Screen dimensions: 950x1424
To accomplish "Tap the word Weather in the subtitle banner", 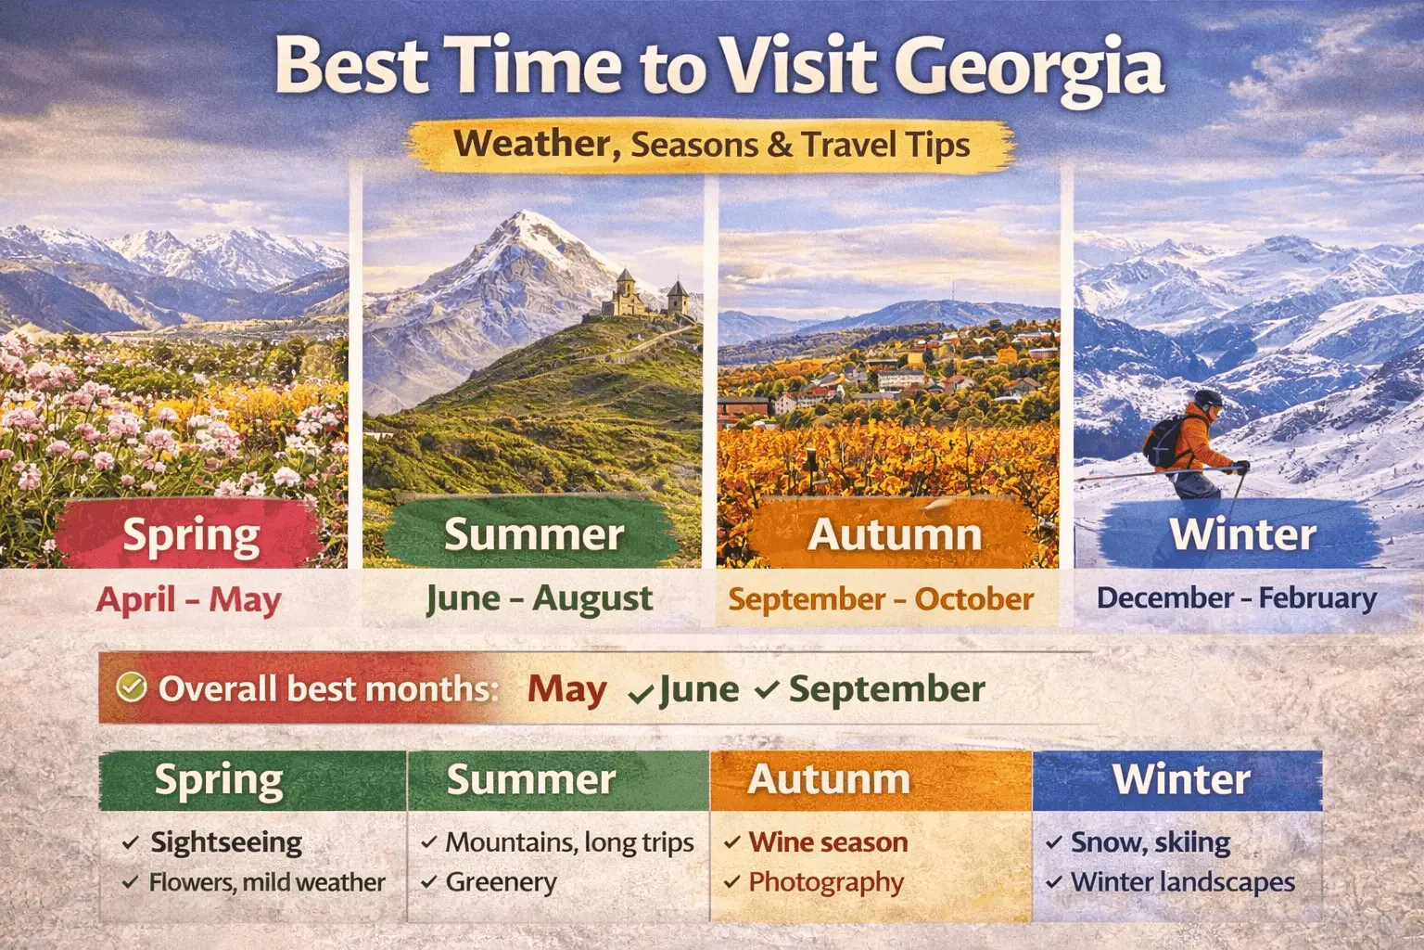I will pos(531,144).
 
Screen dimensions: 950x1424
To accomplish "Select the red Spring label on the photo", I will pos(192,535).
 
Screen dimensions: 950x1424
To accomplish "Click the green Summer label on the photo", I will pos(534,534).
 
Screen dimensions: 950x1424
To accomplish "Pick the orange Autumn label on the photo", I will pos(895,534).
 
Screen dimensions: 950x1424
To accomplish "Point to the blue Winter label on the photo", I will pos(1242,534).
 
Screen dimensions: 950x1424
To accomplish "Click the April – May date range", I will pos(188,599).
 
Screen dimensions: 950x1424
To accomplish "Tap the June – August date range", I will pos(539,599).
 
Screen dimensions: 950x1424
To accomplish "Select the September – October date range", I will pos(880,599).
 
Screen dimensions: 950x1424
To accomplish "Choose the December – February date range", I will pos(1236,598).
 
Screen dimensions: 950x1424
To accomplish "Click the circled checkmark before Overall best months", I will pos(132,687).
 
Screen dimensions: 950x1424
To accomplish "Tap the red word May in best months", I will pos(566,689).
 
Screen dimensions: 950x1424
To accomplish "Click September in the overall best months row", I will pos(886,689).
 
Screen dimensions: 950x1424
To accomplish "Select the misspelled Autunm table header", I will pos(829,779).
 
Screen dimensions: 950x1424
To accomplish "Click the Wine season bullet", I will pos(828,842).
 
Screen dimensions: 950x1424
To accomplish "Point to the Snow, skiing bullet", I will pos(1150,842).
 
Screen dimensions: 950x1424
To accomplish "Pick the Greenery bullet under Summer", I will pos(501,882).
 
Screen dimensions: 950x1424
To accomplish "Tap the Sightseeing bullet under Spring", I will pos(226,842).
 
